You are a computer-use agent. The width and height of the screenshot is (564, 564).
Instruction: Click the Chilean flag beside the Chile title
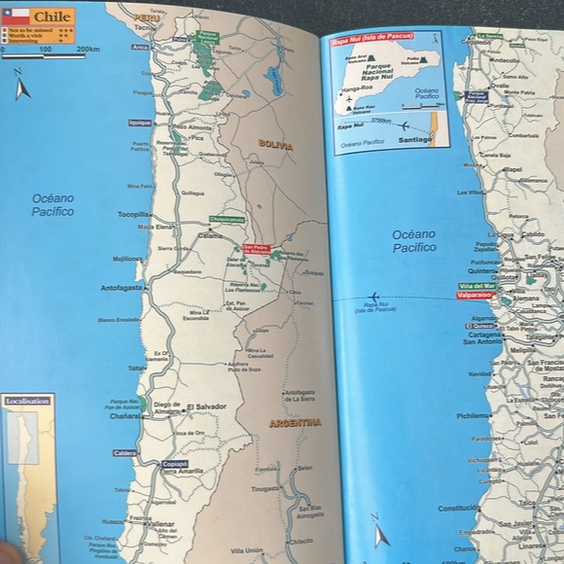tap(16, 17)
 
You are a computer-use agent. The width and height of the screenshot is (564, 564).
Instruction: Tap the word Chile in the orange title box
tap(53, 17)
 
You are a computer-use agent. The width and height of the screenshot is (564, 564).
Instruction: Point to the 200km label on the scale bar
tap(88, 50)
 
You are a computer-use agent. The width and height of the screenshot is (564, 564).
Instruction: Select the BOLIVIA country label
tap(275, 144)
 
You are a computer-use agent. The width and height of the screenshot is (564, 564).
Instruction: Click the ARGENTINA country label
tap(295, 423)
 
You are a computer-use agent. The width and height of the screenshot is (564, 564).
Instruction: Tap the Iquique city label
tap(140, 123)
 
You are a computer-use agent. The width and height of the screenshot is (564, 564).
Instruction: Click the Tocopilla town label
tap(133, 214)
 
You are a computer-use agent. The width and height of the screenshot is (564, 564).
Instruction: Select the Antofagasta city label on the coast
tap(123, 288)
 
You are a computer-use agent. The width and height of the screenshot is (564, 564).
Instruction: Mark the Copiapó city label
tap(175, 464)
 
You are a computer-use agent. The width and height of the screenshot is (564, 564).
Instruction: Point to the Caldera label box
tap(124, 453)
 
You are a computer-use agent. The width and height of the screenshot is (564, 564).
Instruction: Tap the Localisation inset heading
tap(27, 400)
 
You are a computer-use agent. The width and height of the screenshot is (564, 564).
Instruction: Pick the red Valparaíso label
tap(473, 295)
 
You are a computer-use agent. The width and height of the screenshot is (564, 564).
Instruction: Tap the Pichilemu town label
tap(474, 415)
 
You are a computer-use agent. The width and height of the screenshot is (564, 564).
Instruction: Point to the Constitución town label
tap(458, 508)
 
